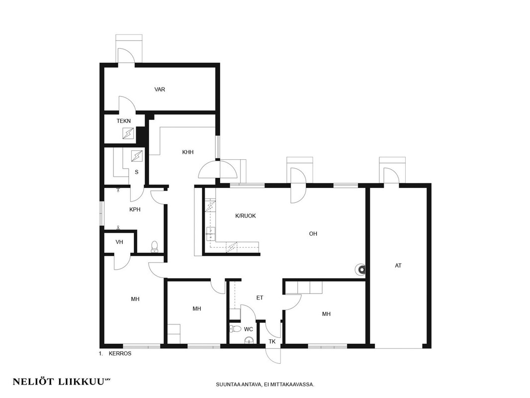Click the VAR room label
tap(160, 90)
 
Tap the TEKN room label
tap(124, 121)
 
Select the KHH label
tap(188, 152)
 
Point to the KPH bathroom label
tap(135, 209)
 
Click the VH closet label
tap(119, 242)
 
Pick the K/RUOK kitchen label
tap(246, 216)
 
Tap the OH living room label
tap(313, 234)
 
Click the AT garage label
tap(398, 266)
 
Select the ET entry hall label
tap(260, 298)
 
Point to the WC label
tap(249, 329)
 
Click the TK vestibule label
tap(272, 342)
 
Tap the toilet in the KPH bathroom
tap(155, 246)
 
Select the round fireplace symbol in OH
tap(360, 270)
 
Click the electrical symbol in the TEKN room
tap(128, 133)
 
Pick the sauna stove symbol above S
tap(137, 156)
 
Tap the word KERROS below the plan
tap(120, 354)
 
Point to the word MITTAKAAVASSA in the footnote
tap(296, 385)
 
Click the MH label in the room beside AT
tap(326, 314)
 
